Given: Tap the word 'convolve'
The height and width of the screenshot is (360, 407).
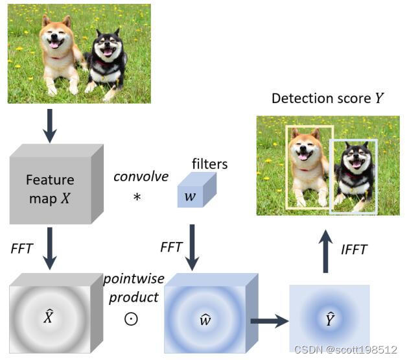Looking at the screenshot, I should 141,176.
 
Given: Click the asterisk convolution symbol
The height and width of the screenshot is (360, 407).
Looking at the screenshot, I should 137,197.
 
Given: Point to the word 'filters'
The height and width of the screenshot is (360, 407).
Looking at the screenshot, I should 210,164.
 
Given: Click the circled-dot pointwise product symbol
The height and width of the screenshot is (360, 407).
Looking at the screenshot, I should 131,320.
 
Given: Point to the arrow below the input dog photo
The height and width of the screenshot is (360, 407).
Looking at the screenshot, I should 49,125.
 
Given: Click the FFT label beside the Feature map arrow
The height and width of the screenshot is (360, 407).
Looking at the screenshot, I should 22,248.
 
